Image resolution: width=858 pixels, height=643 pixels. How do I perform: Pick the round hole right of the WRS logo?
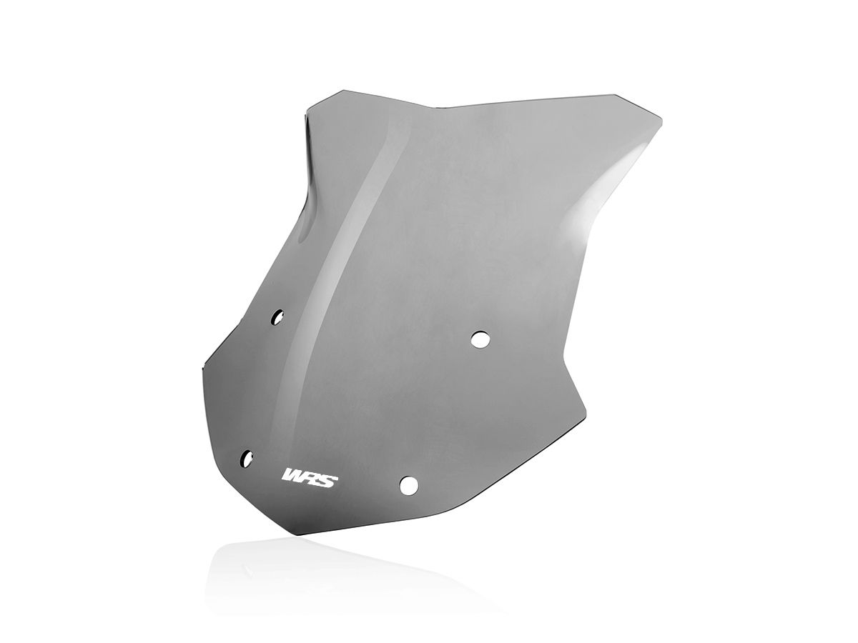click(408, 485)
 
